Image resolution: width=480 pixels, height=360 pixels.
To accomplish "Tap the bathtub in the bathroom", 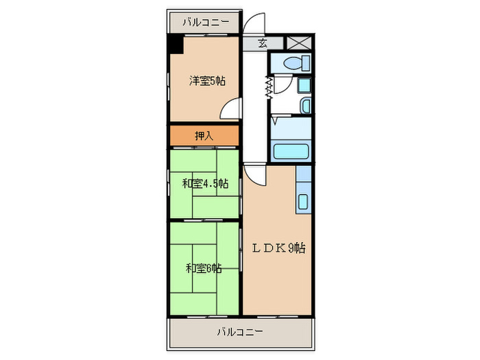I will click(291, 152).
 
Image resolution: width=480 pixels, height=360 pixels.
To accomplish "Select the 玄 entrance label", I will click(263, 43).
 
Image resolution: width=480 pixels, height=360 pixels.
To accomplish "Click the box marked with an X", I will click(299, 43).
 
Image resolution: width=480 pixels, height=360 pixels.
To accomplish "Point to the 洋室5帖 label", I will click(207, 81).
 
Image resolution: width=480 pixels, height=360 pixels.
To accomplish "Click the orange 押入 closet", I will click(204, 136).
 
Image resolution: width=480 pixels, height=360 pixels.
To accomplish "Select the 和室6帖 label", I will click(204, 267).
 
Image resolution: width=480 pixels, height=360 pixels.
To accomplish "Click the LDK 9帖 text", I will click(277, 248).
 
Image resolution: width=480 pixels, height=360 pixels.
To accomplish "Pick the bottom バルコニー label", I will click(240, 332).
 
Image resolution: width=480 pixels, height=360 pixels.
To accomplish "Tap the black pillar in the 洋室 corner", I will click(176, 45).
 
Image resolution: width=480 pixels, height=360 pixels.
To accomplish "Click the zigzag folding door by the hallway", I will click(269, 86).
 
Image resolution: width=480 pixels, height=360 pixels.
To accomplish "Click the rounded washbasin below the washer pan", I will click(305, 105).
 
